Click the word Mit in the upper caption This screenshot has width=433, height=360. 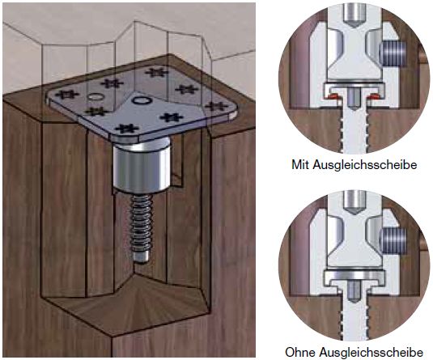pos(301,165)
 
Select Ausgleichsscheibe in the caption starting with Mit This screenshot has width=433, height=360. pos(365,165)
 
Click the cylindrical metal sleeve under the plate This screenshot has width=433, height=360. pos(142,166)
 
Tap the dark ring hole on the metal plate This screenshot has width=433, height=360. pos(142,100)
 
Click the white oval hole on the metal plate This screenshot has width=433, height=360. pos(95,96)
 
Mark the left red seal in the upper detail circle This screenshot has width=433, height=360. pos(333,96)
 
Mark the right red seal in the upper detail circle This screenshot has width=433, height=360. pos(374,96)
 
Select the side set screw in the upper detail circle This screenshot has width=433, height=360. pos(393,54)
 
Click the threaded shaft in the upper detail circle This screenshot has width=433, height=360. pos(354,129)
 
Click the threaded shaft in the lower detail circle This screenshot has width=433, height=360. pos(354,317)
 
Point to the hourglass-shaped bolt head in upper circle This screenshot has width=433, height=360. pos(354,55)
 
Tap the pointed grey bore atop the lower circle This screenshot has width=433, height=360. pos(354,203)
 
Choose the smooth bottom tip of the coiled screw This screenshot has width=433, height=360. pos(141,257)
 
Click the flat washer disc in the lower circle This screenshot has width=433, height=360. pos(354,275)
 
